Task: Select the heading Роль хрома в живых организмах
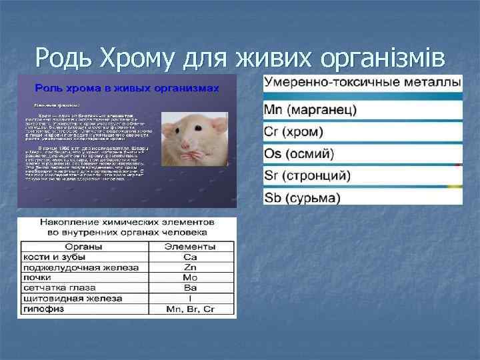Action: (x=127, y=87)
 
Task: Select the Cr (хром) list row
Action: (x=294, y=131)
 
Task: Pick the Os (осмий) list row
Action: (x=299, y=153)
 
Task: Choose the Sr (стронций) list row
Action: (x=307, y=176)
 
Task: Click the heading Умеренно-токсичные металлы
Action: (x=362, y=83)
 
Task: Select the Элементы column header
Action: (x=190, y=247)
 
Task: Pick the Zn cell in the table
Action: (x=190, y=267)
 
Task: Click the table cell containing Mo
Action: (x=190, y=277)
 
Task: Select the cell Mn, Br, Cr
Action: (x=190, y=309)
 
